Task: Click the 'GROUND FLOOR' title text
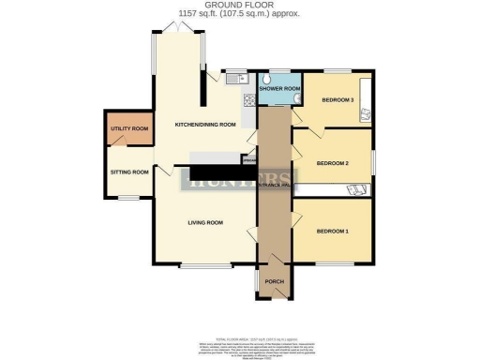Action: pyautogui.click(x=239, y=5)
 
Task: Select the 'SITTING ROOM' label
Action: pyautogui.click(x=128, y=172)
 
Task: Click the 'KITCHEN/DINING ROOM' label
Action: pyautogui.click(x=204, y=125)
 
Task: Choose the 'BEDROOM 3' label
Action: pyautogui.click(x=337, y=99)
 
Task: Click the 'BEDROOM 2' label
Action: pyautogui.click(x=332, y=162)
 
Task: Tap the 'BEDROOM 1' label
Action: pyautogui.click(x=332, y=231)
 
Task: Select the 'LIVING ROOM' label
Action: pyautogui.click(x=204, y=222)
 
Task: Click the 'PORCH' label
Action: pyautogui.click(x=274, y=281)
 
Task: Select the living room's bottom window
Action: pyautogui.click(x=199, y=265)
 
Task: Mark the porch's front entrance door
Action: pyautogui.click(x=275, y=298)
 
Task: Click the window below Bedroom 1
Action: pyautogui.click(x=333, y=263)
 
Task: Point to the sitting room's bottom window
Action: pyautogui.click(x=128, y=196)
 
